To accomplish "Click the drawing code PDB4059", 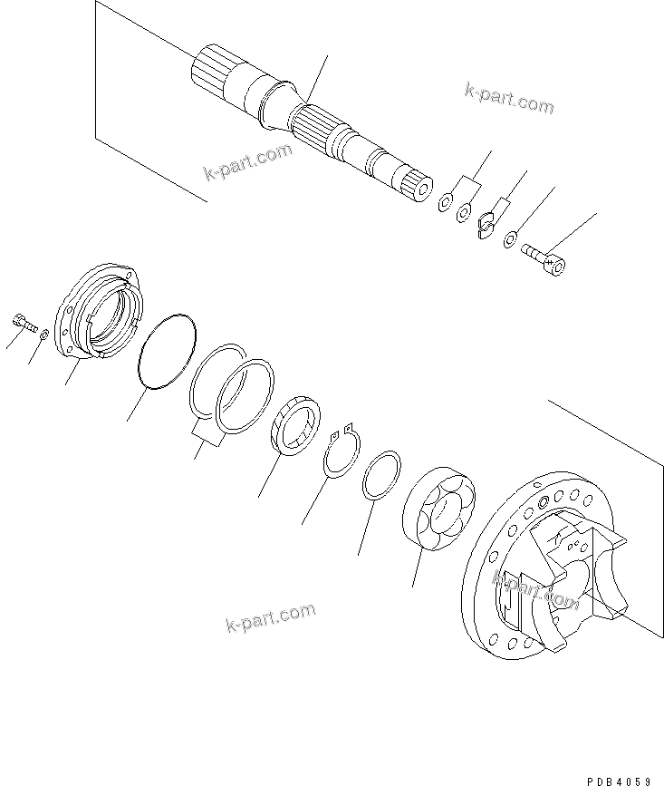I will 624,776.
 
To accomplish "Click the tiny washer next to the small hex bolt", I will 43,336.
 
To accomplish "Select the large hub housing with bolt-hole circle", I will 544,567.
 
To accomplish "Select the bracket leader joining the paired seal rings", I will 209,444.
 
